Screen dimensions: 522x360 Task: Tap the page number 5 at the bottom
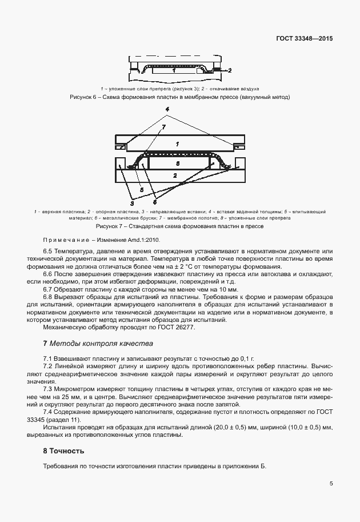[x=331, y=483]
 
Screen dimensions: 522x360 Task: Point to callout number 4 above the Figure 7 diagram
[x=167, y=109]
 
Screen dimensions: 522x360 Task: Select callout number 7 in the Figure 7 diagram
[x=163, y=126]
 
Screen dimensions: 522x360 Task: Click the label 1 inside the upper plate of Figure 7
[x=178, y=144]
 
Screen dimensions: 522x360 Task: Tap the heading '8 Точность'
[x=64, y=451]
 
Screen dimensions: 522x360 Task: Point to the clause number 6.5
[x=49, y=251]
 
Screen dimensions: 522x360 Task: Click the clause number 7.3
[x=49, y=388]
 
